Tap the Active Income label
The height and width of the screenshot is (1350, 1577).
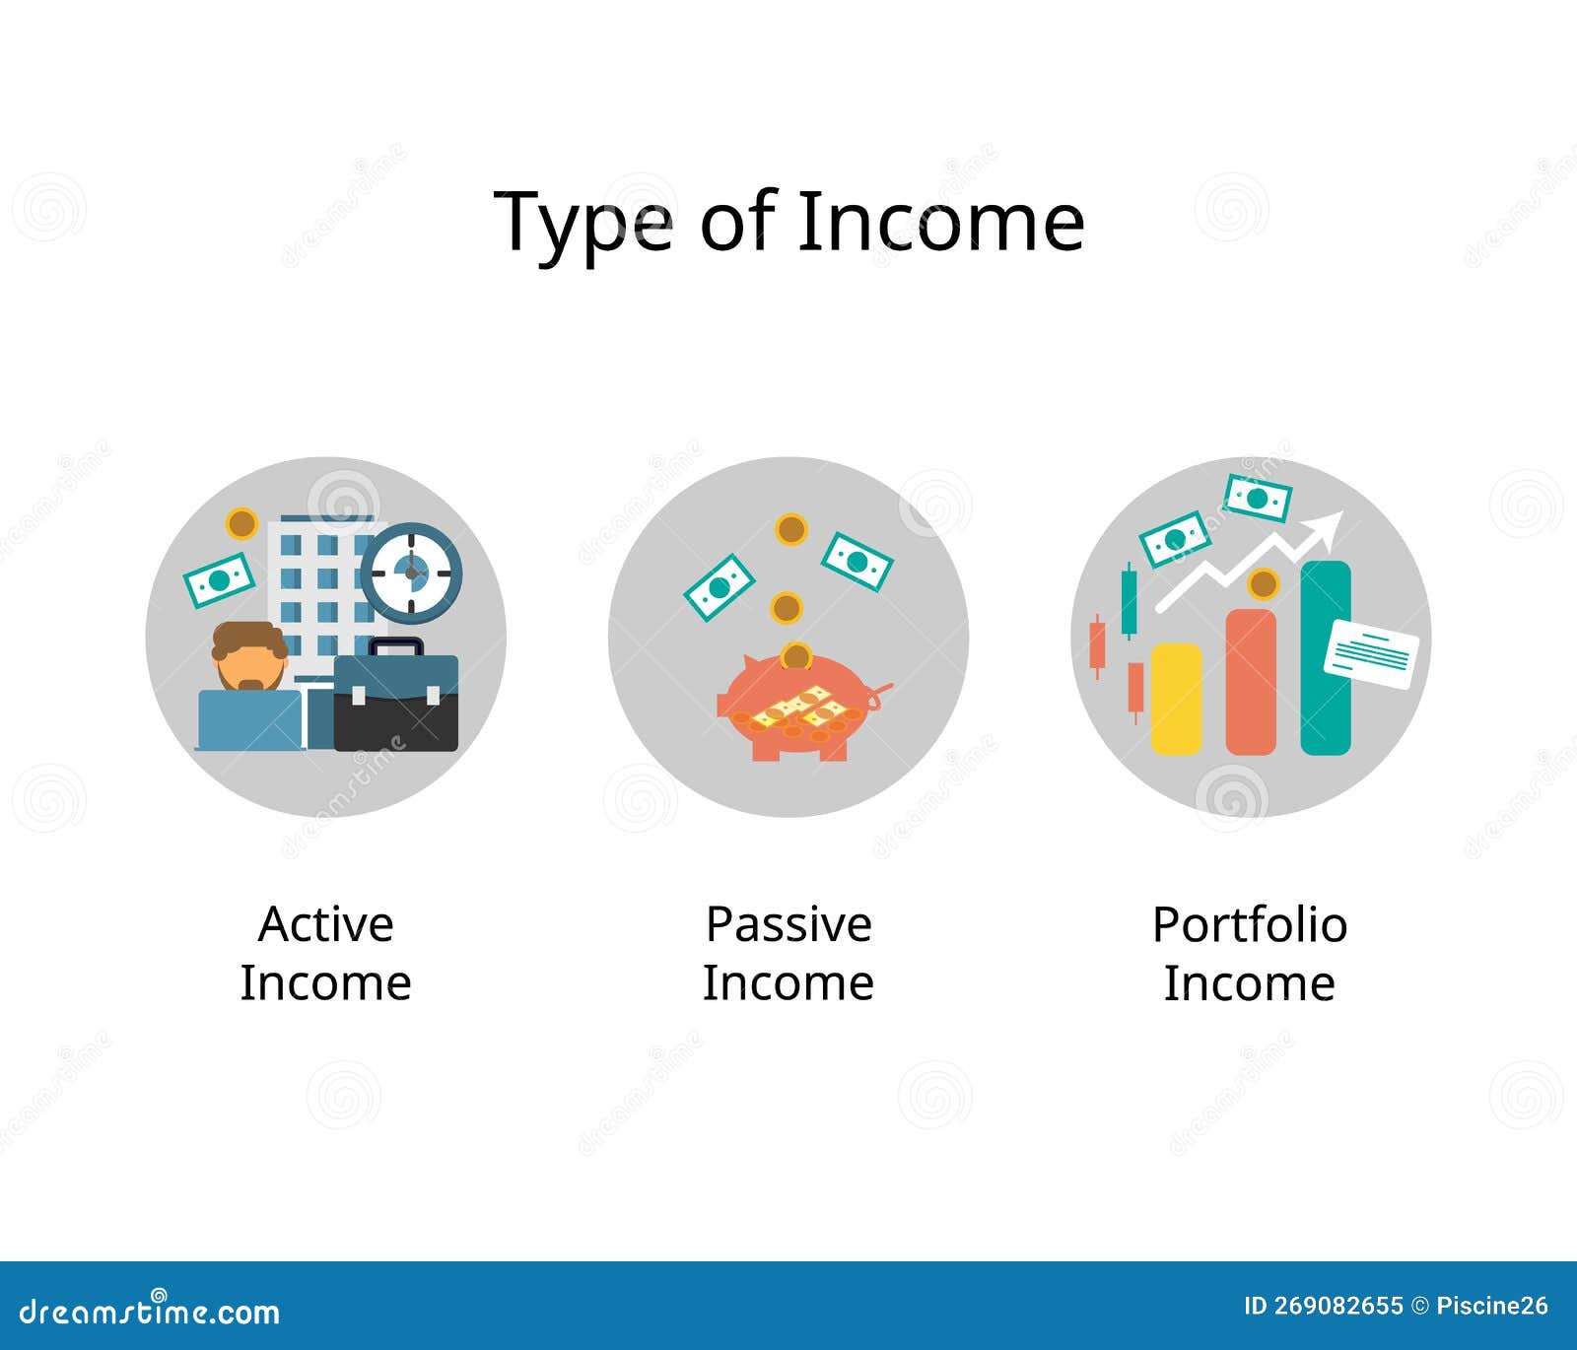[x=325, y=953]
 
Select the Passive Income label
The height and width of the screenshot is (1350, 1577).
[x=788, y=953]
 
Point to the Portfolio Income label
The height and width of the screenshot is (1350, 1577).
[x=1250, y=953]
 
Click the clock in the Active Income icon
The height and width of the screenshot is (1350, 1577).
[x=411, y=573]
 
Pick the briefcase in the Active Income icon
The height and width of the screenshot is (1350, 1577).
[x=395, y=695]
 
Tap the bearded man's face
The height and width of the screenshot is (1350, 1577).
[x=250, y=657]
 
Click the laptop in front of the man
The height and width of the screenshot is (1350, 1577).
[x=250, y=719]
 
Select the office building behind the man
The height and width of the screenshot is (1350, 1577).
[x=321, y=596]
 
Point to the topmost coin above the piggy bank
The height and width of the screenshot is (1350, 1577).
[x=791, y=530]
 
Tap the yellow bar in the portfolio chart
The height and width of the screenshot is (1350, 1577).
[x=1176, y=699]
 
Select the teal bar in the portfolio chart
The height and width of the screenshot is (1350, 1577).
[x=1326, y=658]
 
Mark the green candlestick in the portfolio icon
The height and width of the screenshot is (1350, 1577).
[x=1129, y=601]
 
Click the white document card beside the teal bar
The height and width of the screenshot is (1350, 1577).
[x=1371, y=653]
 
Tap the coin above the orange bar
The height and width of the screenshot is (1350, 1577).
[x=1263, y=584]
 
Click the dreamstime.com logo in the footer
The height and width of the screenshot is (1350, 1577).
[x=150, y=1310]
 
